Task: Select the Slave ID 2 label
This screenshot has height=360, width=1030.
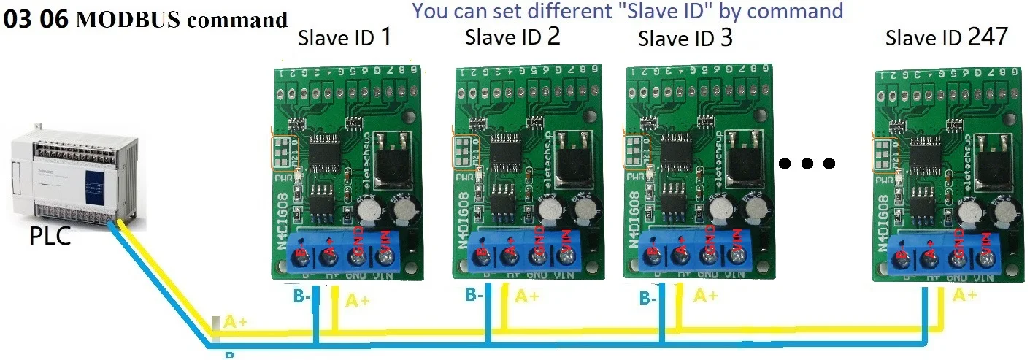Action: point(512,36)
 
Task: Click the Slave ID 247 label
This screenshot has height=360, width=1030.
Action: point(946,37)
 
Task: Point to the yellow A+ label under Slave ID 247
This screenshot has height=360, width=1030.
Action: point(964,295)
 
